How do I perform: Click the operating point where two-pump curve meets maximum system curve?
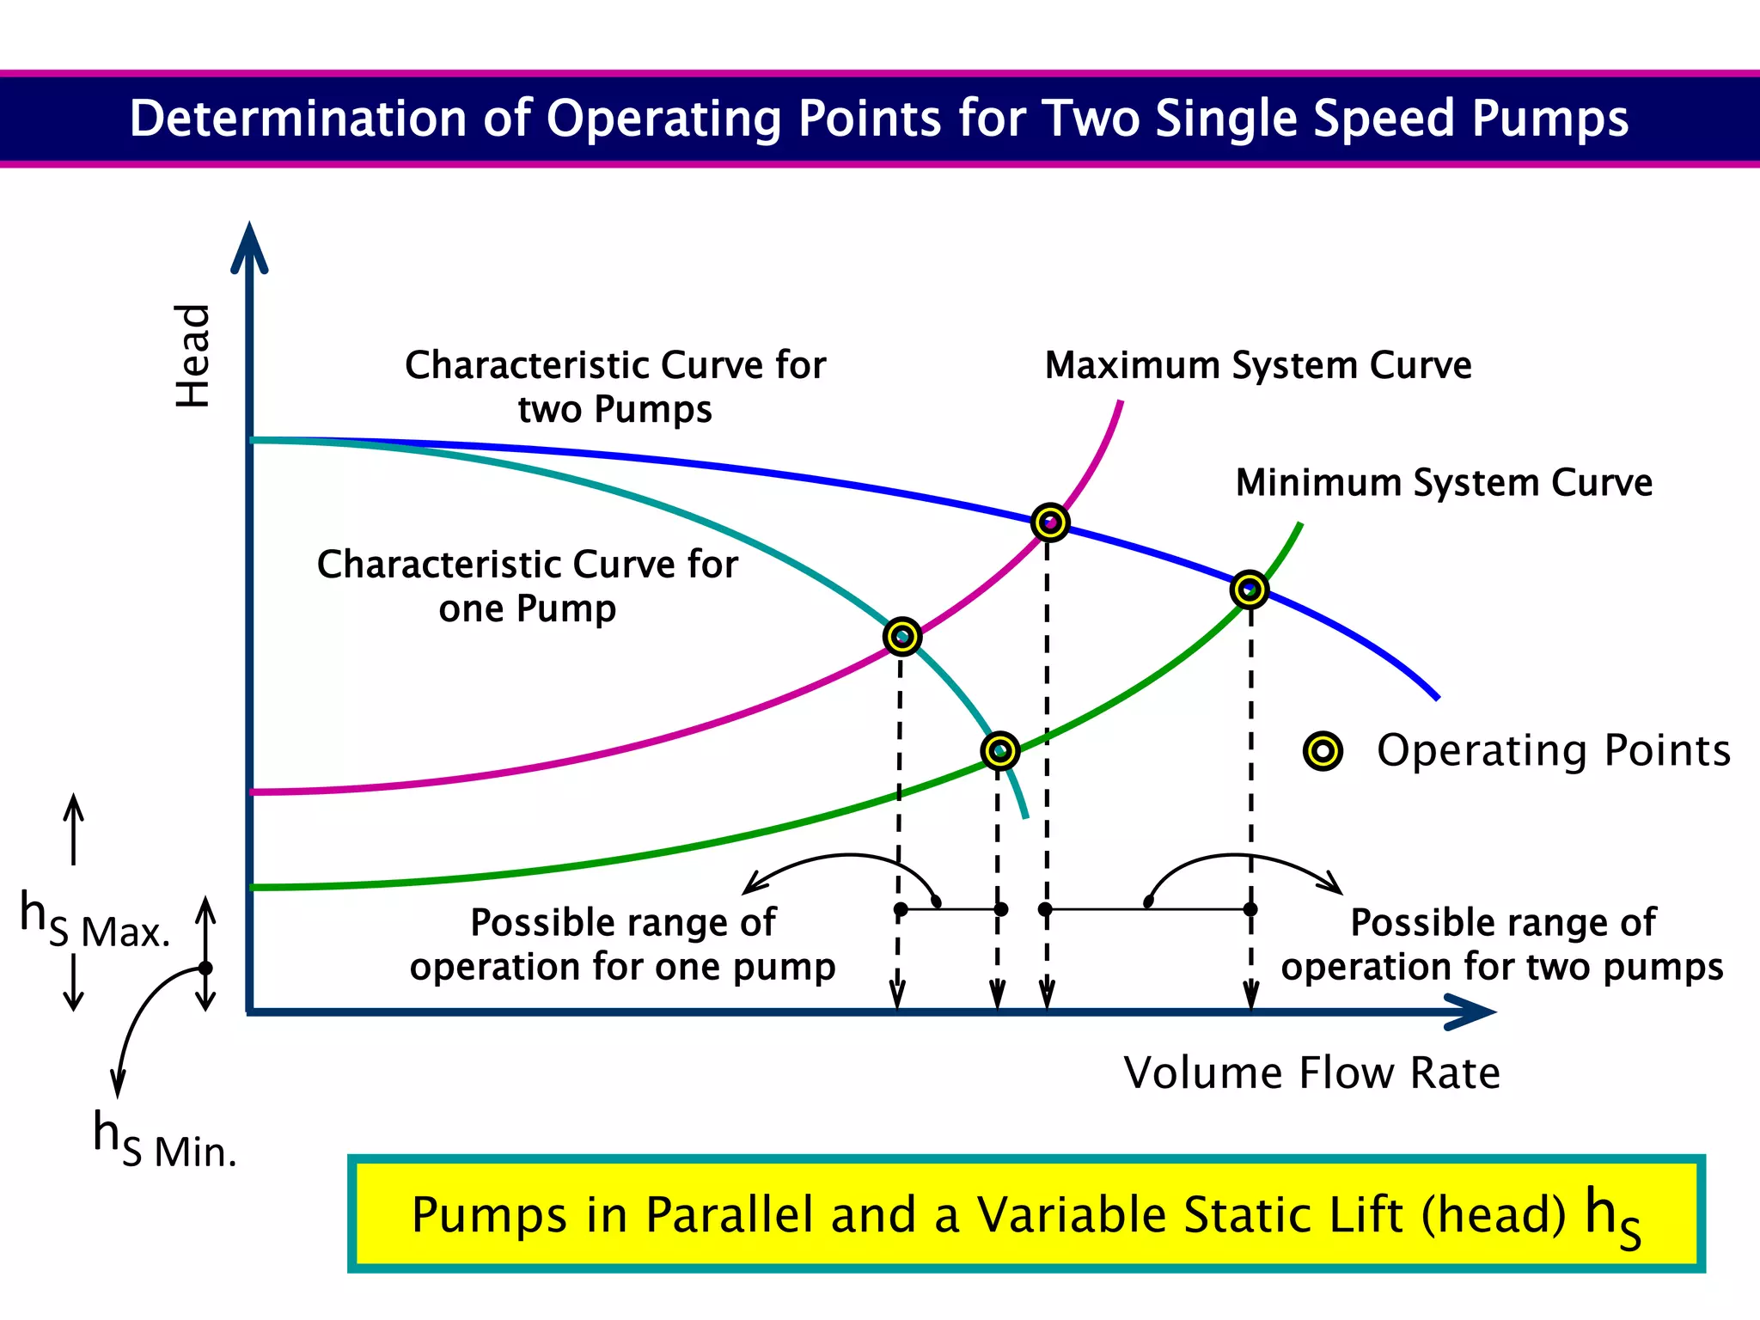(1049, 522)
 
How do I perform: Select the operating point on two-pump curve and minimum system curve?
(1249, 590)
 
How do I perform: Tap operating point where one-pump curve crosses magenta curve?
(901, 637)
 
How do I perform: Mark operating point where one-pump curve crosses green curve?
(999, 750)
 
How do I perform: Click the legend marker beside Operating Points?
(1323, 751)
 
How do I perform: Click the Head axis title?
(192, 356)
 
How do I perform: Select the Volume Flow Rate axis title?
(1311, 1072)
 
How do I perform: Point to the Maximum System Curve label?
(1257, 365)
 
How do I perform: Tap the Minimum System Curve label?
(1444, 482)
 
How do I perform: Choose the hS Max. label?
(95, 921)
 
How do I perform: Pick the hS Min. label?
(164, 1140)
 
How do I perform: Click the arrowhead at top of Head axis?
(249, 245)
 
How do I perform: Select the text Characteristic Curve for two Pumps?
(615, 387)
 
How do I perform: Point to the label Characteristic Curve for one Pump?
(527, 586)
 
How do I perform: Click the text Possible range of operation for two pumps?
(1502, 944)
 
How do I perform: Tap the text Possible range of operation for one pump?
(622, 944)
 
